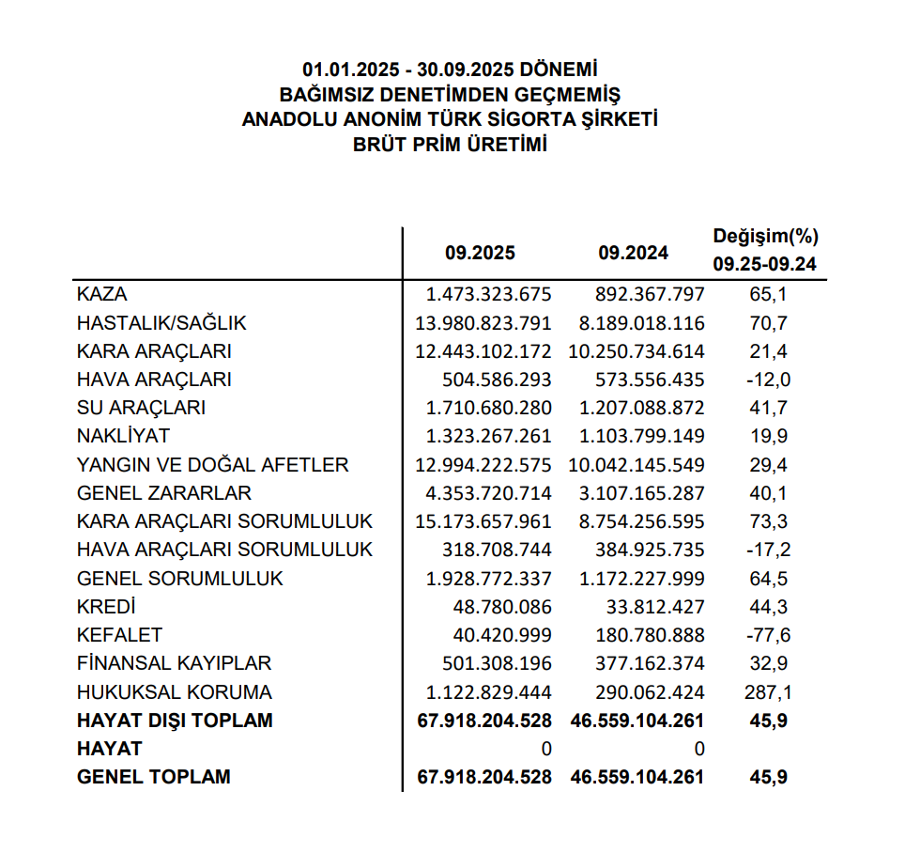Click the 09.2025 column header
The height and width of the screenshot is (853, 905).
click(481, 253)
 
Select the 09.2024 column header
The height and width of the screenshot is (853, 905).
click(633, 253)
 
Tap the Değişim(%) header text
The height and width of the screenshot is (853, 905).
click(764, 236)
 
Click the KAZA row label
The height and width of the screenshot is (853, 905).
click(102, 294)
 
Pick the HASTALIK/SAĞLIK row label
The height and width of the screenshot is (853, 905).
click(161, 323)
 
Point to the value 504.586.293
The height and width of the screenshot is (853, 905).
click(497, 380)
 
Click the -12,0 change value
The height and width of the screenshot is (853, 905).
click(769, 380)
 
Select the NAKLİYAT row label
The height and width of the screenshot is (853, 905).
click(124, 437)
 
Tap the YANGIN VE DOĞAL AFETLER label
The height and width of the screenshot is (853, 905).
click(213, 465)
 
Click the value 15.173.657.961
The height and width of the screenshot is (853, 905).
click(483, 521)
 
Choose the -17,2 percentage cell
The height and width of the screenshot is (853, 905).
click(769, 550)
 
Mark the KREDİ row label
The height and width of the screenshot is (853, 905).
click(107, 607)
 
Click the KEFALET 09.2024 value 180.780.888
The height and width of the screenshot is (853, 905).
click(650, 635)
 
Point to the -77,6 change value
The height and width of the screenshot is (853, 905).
click(769, 635)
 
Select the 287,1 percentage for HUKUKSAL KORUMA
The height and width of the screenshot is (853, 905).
click(768, 692)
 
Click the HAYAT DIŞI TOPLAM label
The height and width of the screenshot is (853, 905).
click(176, 721)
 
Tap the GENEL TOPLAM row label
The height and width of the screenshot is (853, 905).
click(154, 777)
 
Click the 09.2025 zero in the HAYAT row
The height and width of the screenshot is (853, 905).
click(545, 749)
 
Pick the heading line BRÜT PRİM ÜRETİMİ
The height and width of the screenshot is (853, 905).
click(450, 145)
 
